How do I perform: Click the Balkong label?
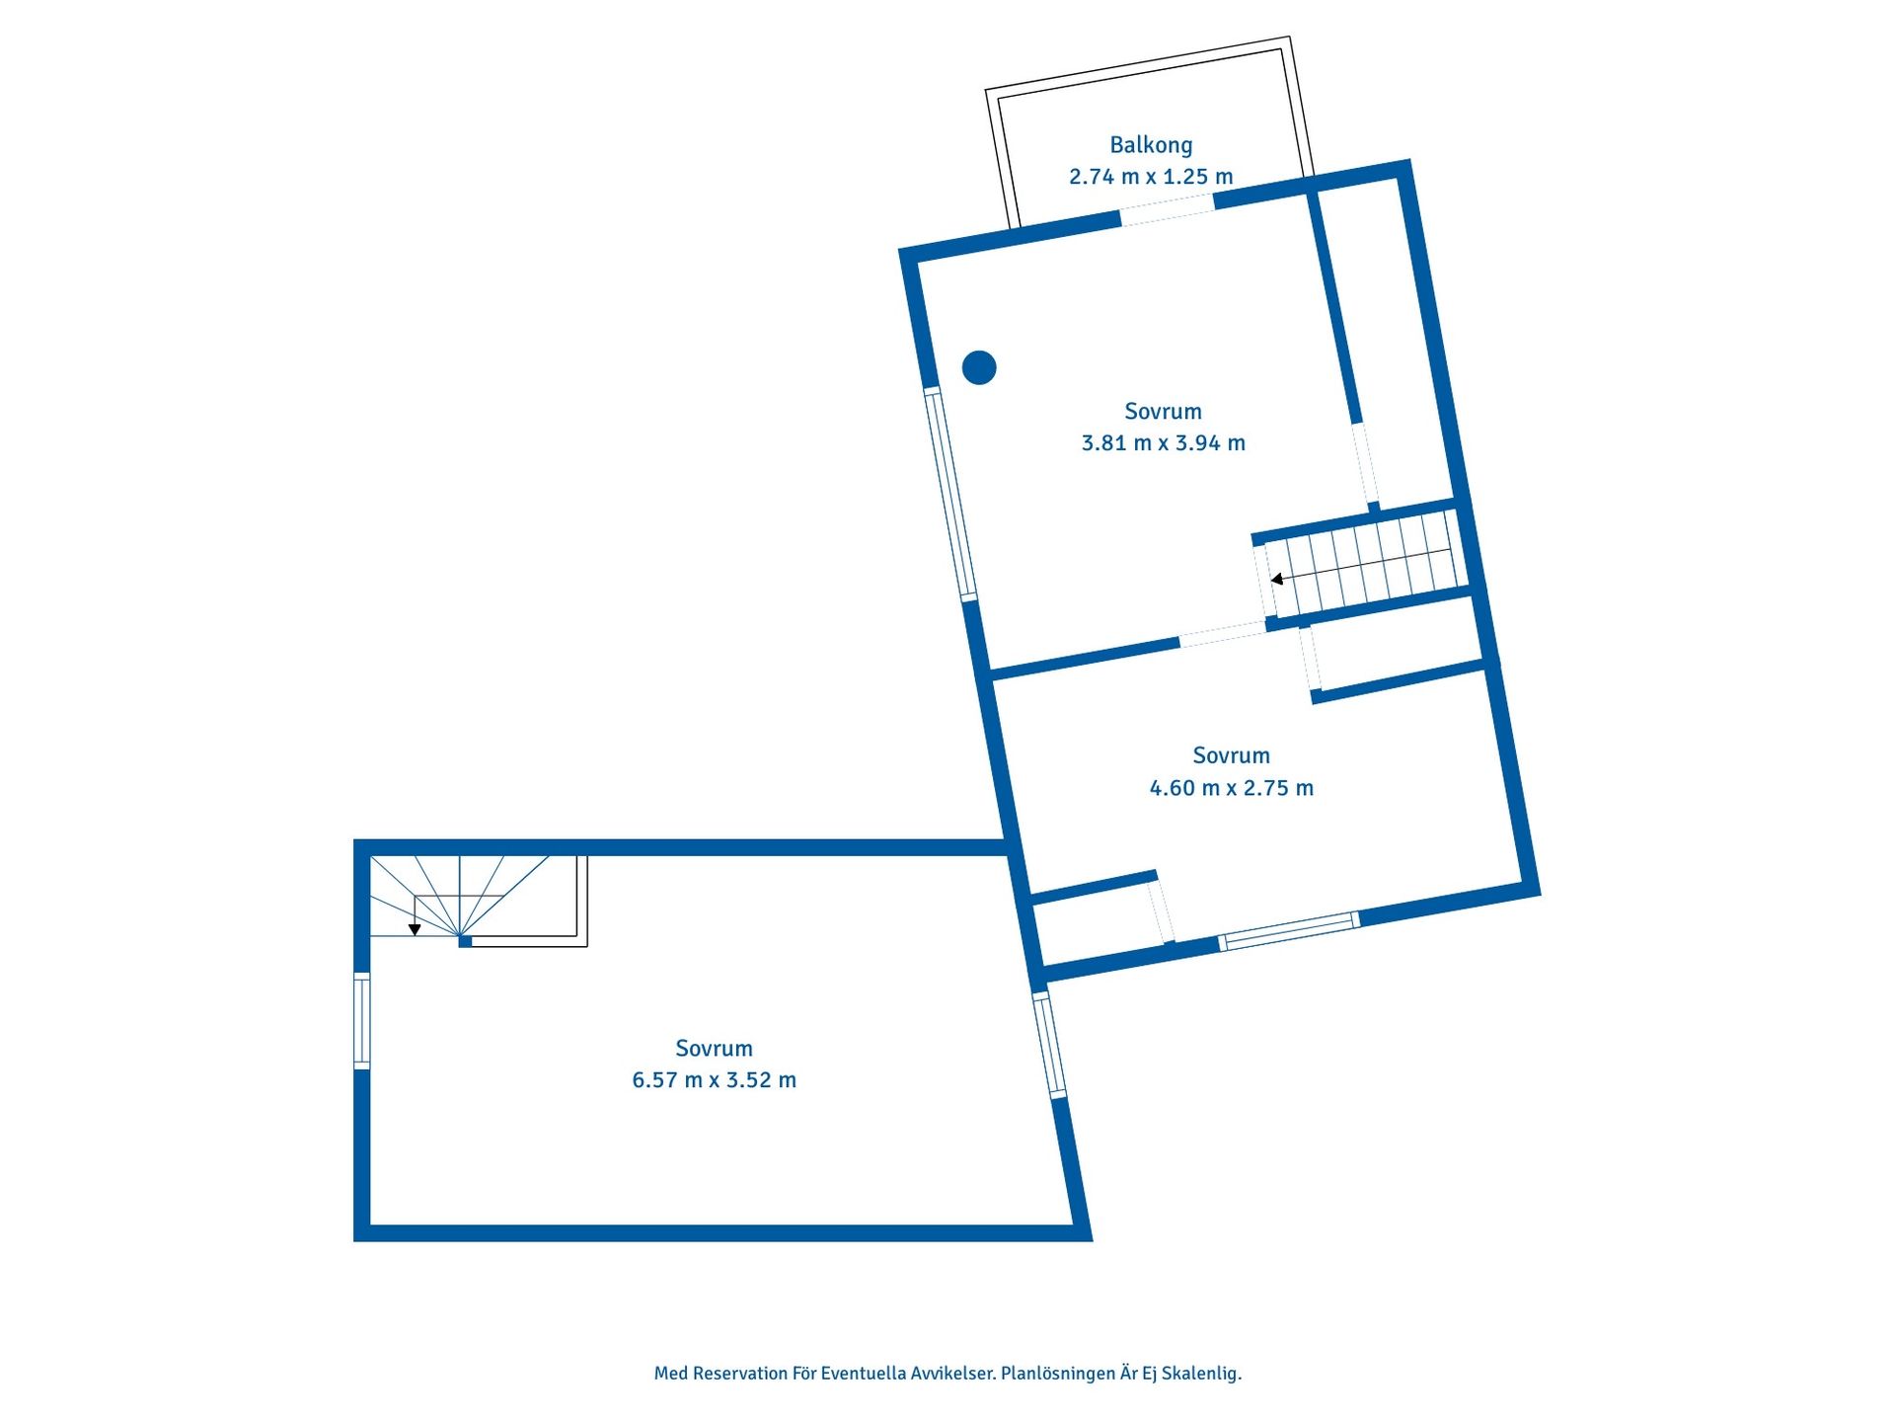pos(1151,145)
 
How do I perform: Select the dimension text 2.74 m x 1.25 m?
pos(1151,177)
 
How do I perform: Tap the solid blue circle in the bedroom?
pos(979,367)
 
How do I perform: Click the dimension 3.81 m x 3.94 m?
pos(1164,443)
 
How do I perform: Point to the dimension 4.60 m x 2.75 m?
pos(1232,788)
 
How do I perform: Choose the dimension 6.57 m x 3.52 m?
pos(714,1080)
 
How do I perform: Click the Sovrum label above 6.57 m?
pos(714,1049)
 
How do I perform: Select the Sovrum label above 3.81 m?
pos(1164,412)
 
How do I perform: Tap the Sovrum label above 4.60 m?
pos(1232,756)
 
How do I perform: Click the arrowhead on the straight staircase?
pos(1276,580)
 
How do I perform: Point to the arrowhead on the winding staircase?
pos(415,929)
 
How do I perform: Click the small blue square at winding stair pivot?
pos(465,942)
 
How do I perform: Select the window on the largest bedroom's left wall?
pos(362,1021)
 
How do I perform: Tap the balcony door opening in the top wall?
pos(1167,209)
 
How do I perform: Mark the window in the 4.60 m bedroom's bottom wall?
pos(1289,931)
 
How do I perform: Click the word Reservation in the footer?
pos(739,1374)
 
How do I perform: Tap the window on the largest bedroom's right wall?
pos(1049,1045)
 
